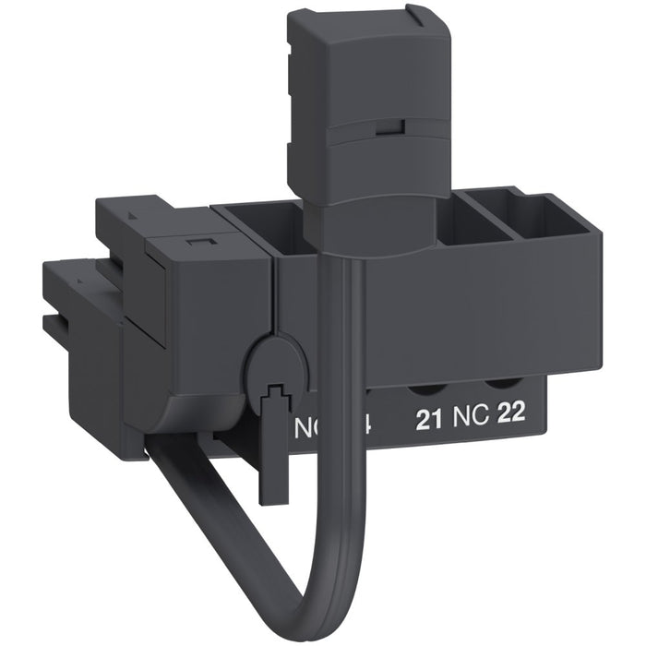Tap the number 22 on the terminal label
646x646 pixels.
(x=510, y=413)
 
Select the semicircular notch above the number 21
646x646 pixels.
(x=430, y=379)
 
